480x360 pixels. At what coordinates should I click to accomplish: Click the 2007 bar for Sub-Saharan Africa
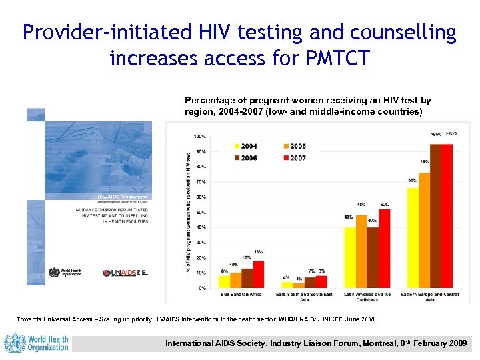pos(259,274)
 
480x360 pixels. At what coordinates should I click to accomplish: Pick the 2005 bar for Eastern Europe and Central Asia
pos(425,230)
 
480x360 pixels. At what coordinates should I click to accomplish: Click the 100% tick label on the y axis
pos(199,137)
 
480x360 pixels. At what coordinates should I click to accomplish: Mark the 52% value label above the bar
pos(385,204)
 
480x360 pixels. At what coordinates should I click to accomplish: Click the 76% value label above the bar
pos(425,162)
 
